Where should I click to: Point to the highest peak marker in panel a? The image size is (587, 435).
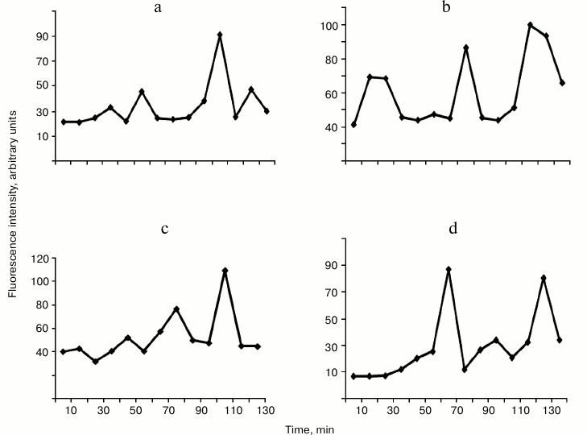coord(220,35)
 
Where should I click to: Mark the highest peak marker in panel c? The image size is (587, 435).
coord(225,271)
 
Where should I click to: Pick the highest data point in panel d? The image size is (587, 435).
coord(449,269)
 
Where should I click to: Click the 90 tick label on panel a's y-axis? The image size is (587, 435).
coord(39,36)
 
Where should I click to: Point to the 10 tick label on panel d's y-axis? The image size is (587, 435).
coord(331,372)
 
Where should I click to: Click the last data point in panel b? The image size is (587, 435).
coord(562,83)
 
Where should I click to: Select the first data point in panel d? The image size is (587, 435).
coord(354,376)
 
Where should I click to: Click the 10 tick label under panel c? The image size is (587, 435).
coord(71,410)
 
